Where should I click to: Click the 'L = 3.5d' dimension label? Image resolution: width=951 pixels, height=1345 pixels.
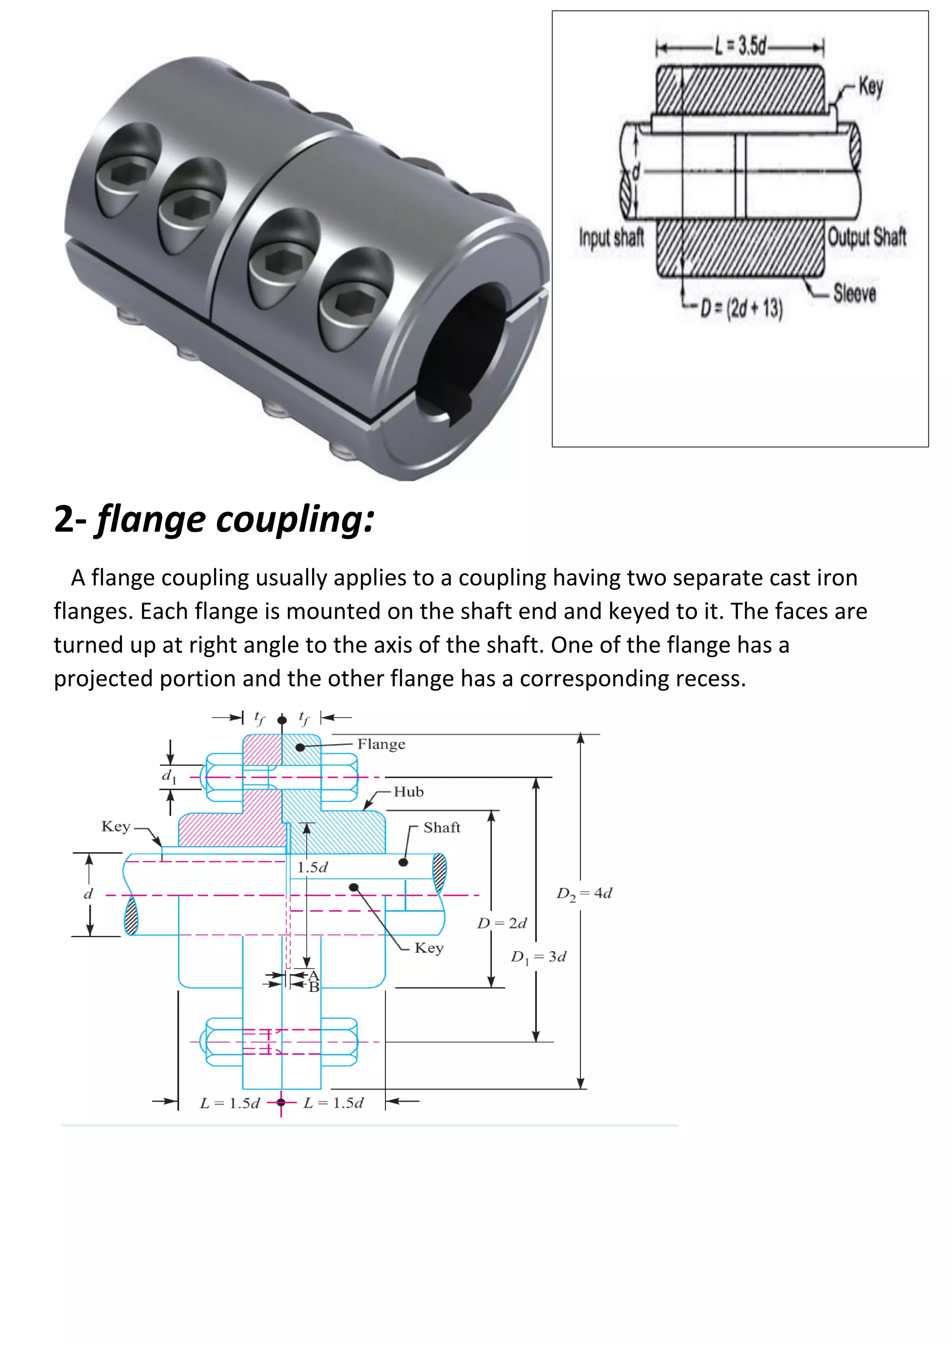click(741, 45)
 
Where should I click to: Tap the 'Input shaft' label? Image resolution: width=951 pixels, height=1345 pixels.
click(612, 237)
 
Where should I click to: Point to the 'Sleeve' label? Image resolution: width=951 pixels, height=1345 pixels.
click(854, 293)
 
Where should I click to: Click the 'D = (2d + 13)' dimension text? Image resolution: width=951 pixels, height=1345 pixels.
click(742, 308)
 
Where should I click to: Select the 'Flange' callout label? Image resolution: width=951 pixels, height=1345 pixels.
click(381, 744)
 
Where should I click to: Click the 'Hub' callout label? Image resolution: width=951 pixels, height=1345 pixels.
click(408, 792)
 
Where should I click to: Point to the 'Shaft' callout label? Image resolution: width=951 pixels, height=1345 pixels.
click(442, 827)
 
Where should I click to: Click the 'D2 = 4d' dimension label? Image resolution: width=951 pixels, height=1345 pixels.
click(584, 894)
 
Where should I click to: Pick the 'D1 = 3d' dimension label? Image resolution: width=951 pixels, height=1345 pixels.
click(538, 957)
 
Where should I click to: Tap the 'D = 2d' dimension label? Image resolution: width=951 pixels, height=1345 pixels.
click(502, 923)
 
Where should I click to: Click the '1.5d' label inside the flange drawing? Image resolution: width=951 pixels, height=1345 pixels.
click(312, 868)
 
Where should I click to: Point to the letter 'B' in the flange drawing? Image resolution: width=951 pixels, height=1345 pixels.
click(314, 987)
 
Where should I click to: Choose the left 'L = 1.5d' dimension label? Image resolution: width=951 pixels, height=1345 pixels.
click(229, 1103)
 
